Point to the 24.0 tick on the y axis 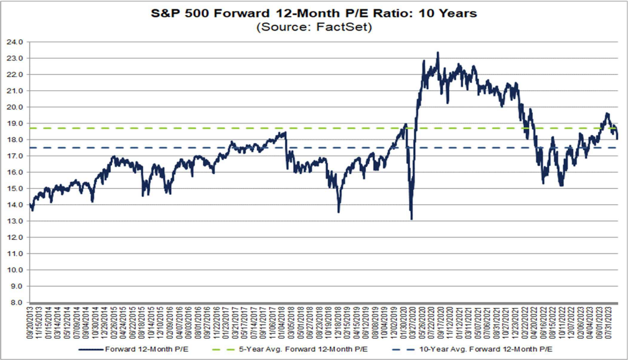click(x=15, y=42)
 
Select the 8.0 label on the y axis click(x=17, y=303)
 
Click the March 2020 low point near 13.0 click(x=411, y=219)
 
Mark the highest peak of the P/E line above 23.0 click(x=438, y=53)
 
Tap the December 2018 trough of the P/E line click(x=339, y=212)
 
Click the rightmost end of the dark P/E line click(x=617, y=138)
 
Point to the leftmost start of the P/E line click(x=29, y=204)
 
